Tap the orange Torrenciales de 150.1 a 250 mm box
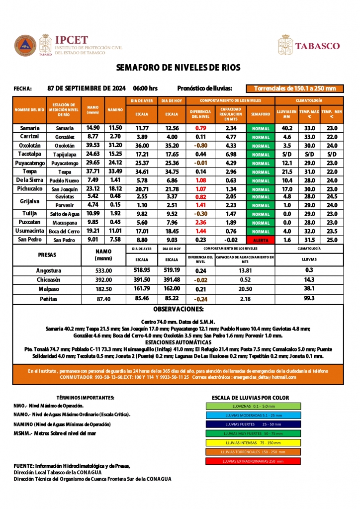pyautogui.click(x=295, y=88)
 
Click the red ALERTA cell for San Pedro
pyautogui.click(x=260, y=240)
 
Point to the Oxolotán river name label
pyautogui.click(x=30, y=146)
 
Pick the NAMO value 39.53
pyautogui.click(x=93, y=146)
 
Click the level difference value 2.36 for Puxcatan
pyautogui.click(x=201, y=222)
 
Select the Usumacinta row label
pyautogui.click(x=30, y=231)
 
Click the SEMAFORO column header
pyautogui.click(x=260, y=114)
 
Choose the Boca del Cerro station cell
pyautogui.click(x=64, y=232)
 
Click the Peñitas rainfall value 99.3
pyautogui.click(x=309, y=298)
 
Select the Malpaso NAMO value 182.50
pyautogui.click(x=103, y=289)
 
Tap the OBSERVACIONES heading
pyautogui.click(x=178, y=309)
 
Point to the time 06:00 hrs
pyautogui.click(x=145, y=88)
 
